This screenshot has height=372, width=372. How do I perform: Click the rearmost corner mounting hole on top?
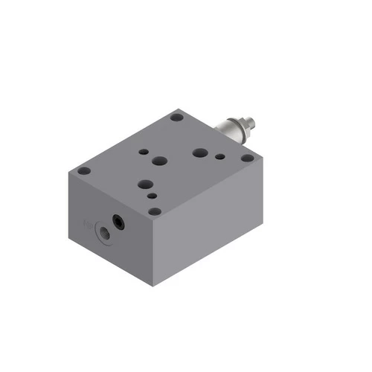point(176,117)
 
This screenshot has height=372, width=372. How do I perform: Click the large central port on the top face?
point(159,161)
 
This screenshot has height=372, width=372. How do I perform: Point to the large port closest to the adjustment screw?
point(199,153)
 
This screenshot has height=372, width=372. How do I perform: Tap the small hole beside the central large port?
point(142,151)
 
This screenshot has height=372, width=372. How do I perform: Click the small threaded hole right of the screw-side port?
point(219,158)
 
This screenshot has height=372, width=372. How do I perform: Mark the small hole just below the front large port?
point(152,196)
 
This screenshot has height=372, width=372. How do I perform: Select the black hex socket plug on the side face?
point(117,222)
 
